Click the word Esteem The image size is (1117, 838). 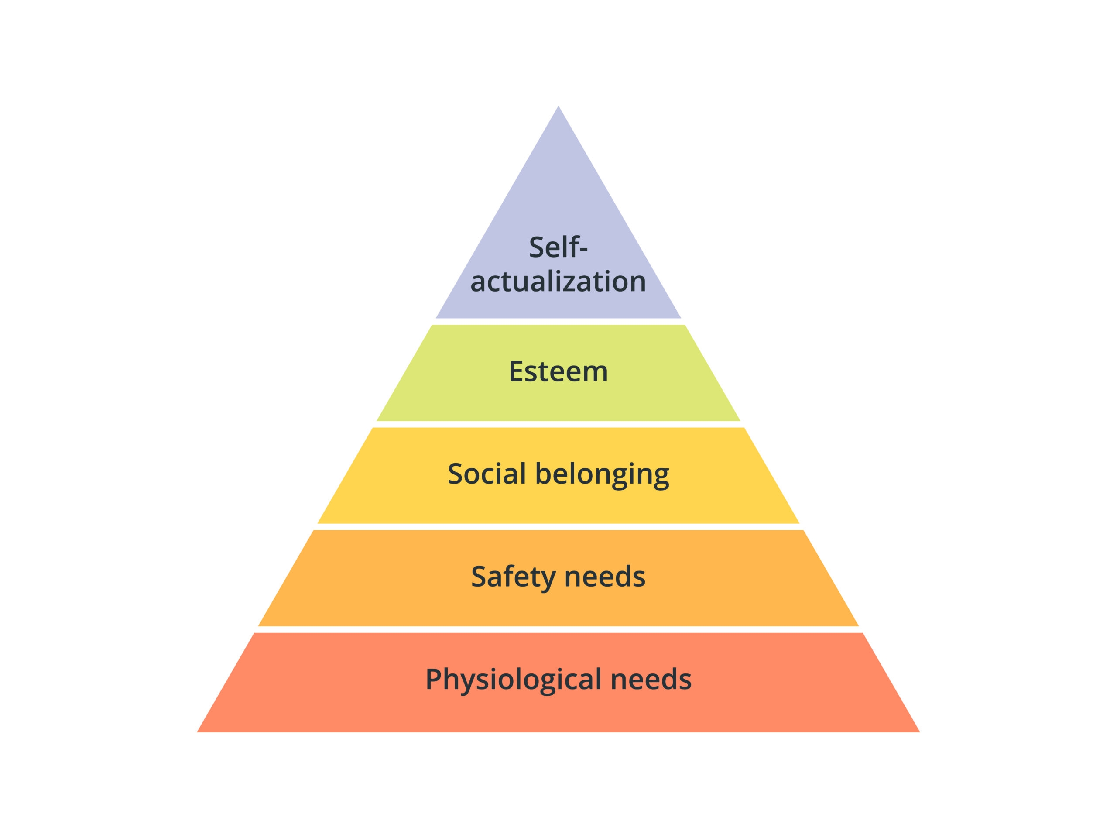click(x=558, y=371)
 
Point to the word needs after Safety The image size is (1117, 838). click(x=604, y=577)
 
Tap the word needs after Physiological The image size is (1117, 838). click(x=651, y=680)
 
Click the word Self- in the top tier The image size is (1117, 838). click(x=558, y=247)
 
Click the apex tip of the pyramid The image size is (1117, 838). click(x=558, y=106)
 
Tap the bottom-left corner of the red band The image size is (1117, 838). click(x=197, y=732)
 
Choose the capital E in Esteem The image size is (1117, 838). click(x=516, y=371)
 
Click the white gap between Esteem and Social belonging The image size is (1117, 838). click(x=558, y=424)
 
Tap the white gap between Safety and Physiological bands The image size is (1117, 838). click(x=558, y=629)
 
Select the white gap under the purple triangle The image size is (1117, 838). click(x=558, y=322)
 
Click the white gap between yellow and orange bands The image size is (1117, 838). click(x=558, y=527)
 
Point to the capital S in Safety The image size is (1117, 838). click(x=479, y=577)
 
